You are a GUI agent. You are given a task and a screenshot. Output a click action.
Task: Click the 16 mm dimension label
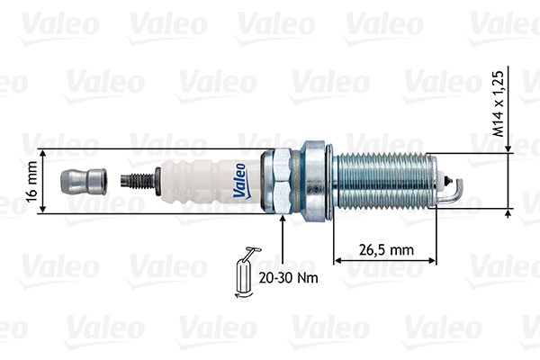(32, 181)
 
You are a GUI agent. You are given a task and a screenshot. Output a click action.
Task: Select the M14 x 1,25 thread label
(498, 104)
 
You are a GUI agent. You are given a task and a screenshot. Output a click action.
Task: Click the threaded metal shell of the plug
(382, 181)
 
